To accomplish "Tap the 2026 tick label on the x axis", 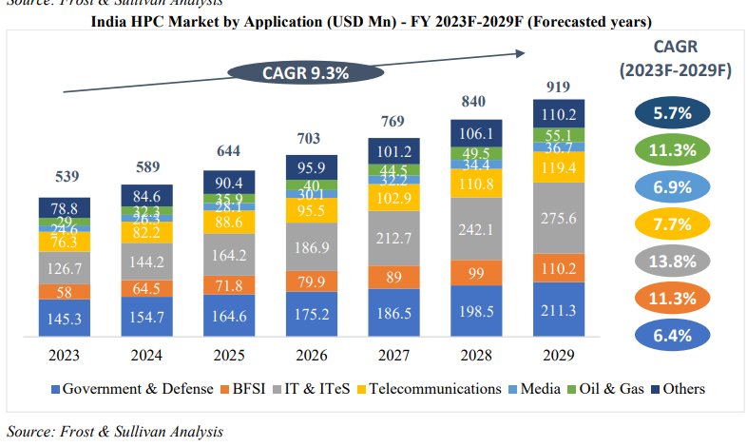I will click(x=312, y=356).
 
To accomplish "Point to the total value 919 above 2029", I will click(x=558, y=87).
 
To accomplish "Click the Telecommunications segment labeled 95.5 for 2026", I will click(x=312, y=210).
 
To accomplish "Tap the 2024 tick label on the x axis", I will click(x=146, y=356).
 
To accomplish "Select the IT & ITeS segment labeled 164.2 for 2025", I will click(x=229, y=256).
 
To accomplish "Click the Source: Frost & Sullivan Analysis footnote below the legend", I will click(x=115, y=431).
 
